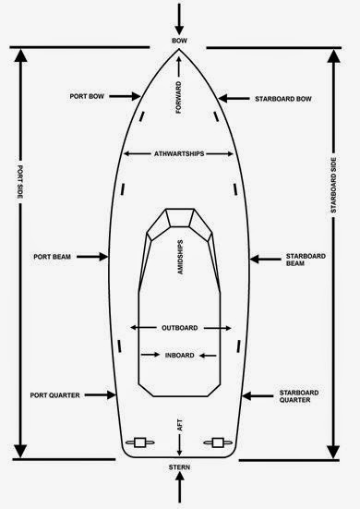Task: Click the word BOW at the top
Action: pyautogui.click(x=179, y=42)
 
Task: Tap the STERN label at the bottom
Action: pyautogui.click(x=179, y=469)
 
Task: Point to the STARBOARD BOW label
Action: pyautogui.click(x=285, y=97)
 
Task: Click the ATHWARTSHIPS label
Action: pyautogui.click(x=179, y=153)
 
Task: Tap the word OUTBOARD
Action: pyautogui.click(x=180, y=327)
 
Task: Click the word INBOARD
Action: pyautogui.click(x=180, y=354)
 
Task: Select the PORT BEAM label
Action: pyautogui.click(x=54, y=256)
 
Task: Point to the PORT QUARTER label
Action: pyautogui.click(x=60, y=394)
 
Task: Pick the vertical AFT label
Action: pyautogui.click(x=179, y=427)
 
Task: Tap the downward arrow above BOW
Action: pyautogui.click(x=179, y=15)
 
